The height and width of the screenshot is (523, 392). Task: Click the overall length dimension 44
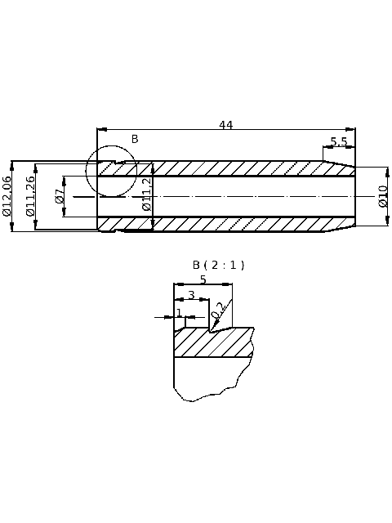point(226,125)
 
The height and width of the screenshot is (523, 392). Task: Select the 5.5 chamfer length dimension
point(339,141)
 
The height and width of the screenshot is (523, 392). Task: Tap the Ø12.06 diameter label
point(7,196)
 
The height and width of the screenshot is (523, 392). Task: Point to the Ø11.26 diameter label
point(30,196)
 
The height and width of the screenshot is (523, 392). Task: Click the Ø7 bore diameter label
point(59,196)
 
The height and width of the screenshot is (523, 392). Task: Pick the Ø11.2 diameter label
point(147,195)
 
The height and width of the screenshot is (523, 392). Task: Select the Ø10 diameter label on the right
point(382,196)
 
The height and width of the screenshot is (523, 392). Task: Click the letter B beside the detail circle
point(135,139)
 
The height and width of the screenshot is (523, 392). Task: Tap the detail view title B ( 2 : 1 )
point(218,265)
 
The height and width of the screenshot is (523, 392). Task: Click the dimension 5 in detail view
point(203,279)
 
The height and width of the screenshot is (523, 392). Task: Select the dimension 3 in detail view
point(191,295)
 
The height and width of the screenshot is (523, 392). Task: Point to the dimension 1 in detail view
point(180,313)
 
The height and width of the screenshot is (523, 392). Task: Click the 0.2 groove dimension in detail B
point(218,311)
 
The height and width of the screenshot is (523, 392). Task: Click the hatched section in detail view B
point(212,343)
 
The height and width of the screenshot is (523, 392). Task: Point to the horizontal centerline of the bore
point(245,196)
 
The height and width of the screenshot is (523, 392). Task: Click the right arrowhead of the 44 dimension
point(352,129)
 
